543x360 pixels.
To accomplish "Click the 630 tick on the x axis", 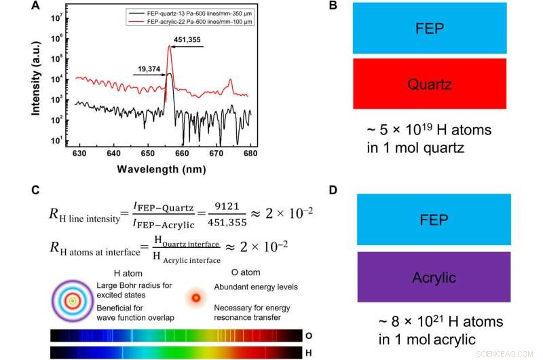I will [x=80, y=154].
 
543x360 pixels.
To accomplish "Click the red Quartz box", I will [x=430, y=84].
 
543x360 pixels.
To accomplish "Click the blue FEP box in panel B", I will [x=430, y=29].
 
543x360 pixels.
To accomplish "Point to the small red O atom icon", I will [x=196, y=298].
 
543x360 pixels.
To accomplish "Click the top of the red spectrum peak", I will [x=169, y=46].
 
